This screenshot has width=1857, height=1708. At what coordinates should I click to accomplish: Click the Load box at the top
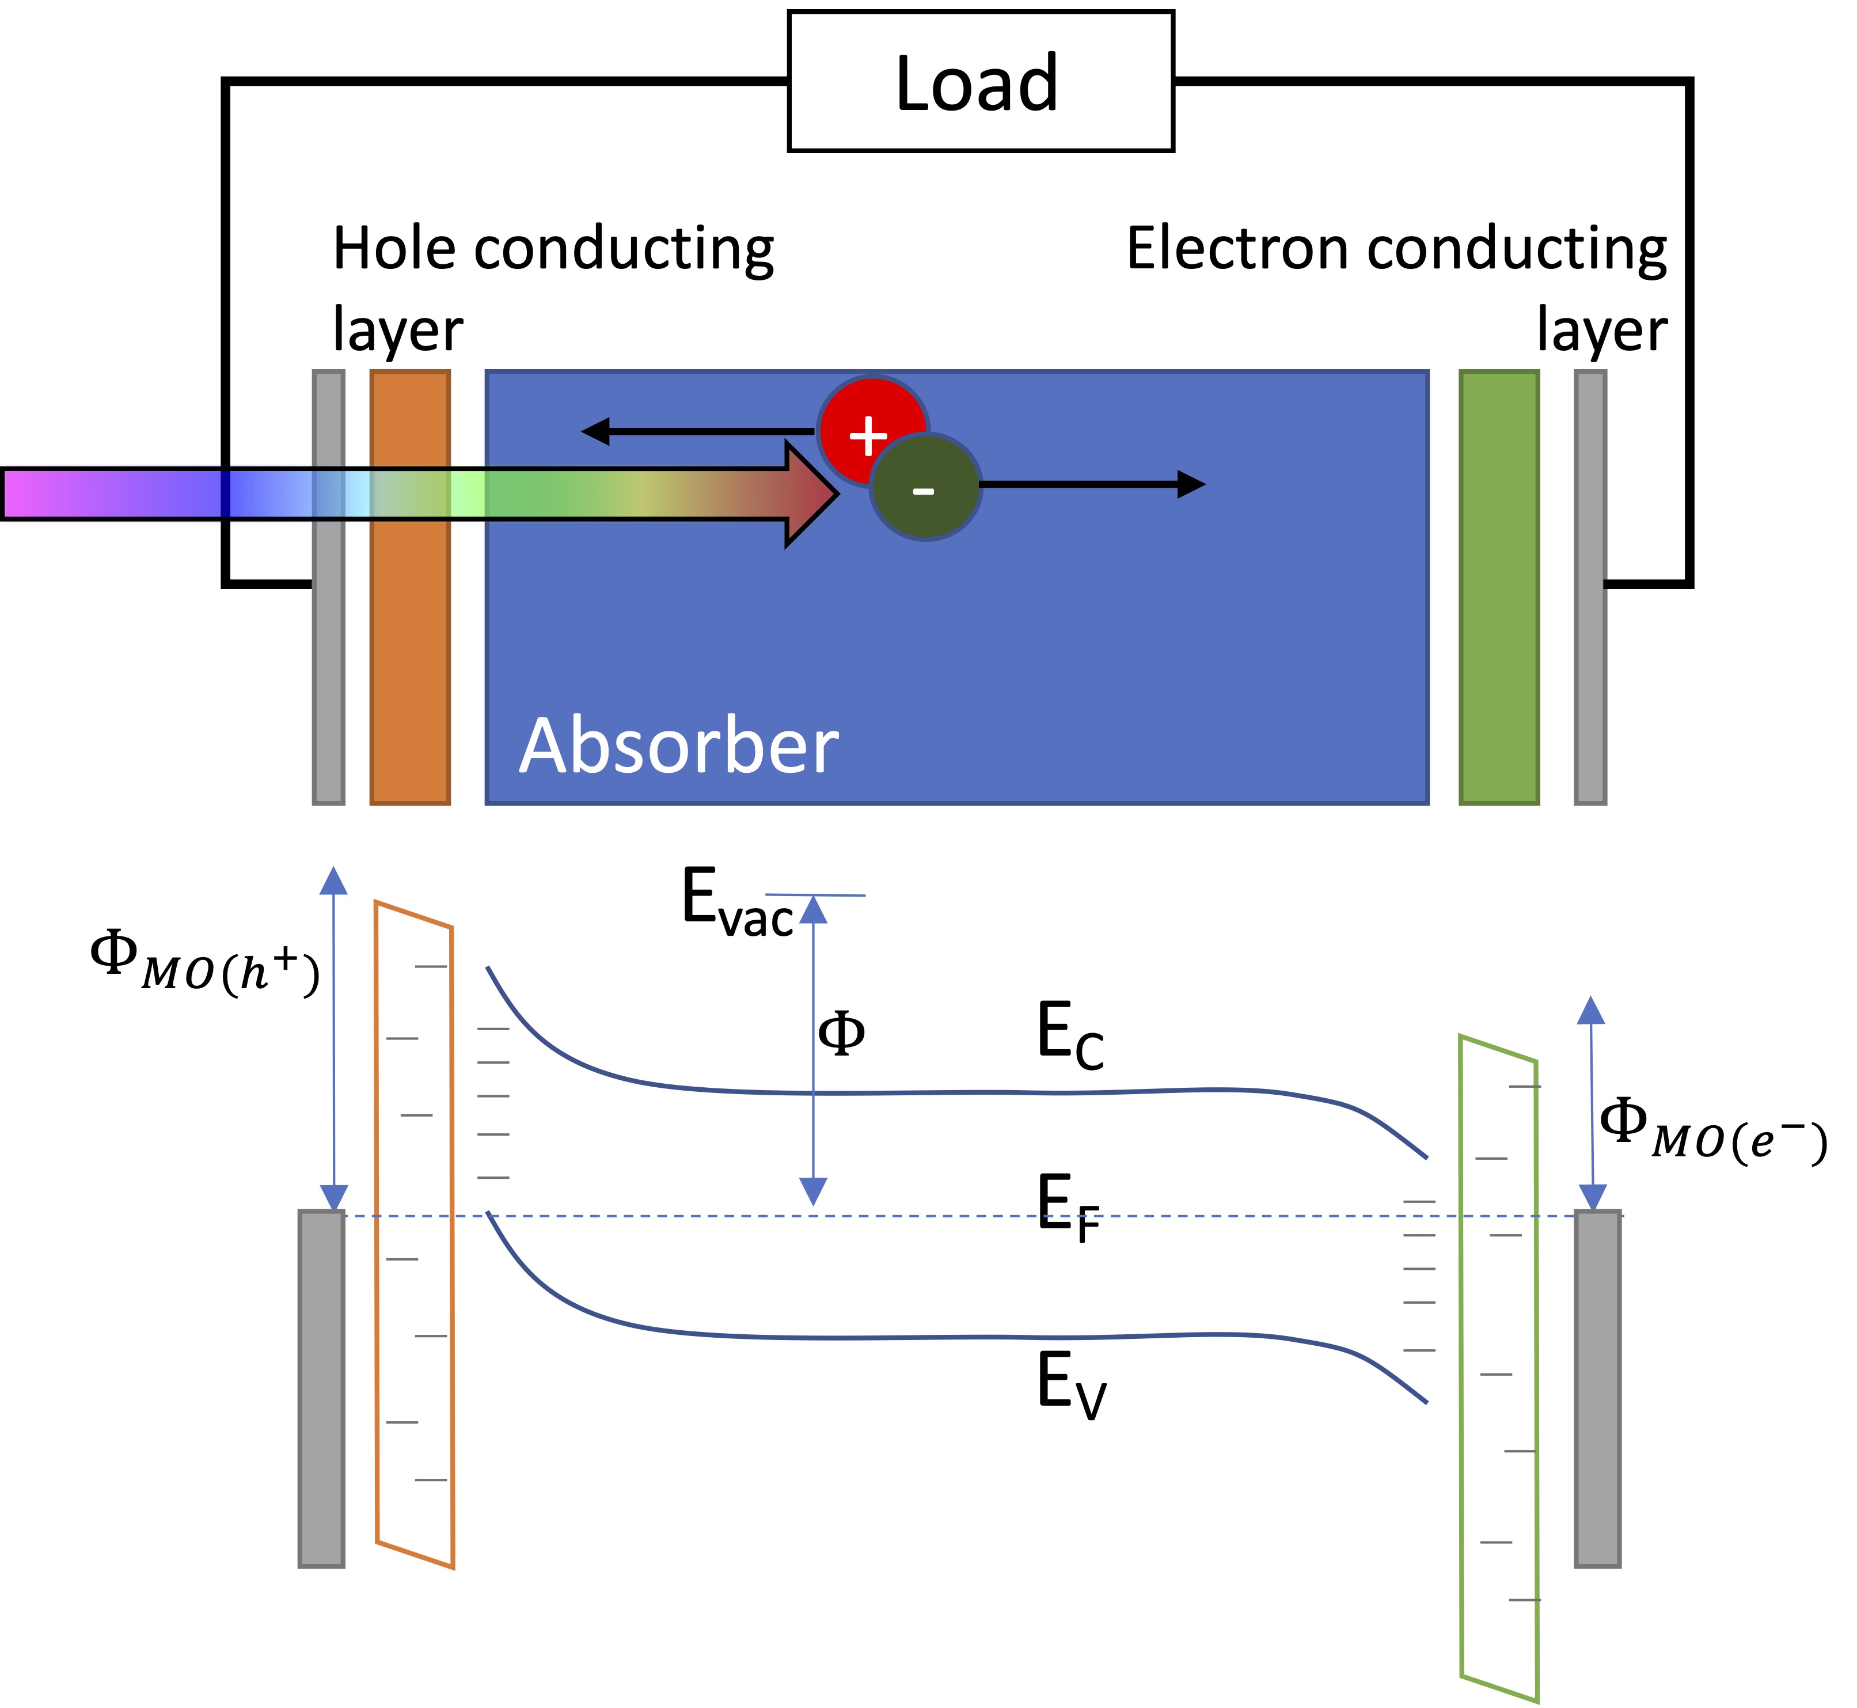coord(980,81)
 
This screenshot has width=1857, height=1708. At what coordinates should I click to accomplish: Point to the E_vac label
coord(736,902)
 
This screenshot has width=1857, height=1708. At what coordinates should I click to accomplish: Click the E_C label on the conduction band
coord(1069,1035)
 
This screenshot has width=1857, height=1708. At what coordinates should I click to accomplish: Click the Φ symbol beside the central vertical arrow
coord(841,1033)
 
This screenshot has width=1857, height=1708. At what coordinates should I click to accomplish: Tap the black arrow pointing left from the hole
coord(693,431)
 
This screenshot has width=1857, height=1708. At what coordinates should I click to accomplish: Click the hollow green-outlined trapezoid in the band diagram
coord(1498,1368)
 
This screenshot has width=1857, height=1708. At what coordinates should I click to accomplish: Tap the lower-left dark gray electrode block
coord(321,1386)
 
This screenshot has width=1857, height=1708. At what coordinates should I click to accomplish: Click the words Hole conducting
coord(553,249)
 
